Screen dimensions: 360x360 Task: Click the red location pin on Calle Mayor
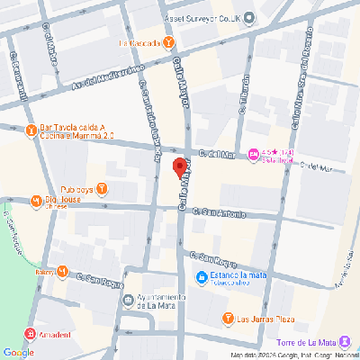pyautogui.click(x=179, y=167)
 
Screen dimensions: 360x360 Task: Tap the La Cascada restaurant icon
pyautogui.click(x=169, y=42)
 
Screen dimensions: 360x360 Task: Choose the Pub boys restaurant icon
pyautogui.click(x=102, y=188)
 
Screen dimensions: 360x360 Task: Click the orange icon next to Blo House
pyautogui.click(x=36, y=201)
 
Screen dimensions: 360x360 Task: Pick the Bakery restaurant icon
pyautogui.click(x=62, y=271)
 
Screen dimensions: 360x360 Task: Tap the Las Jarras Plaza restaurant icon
pyautogui.click(x=228, y=318)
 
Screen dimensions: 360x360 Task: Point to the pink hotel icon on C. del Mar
pyautogui.click(x=254, y=156)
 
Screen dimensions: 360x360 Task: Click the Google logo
pyautogui.click(x=18, y=352)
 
